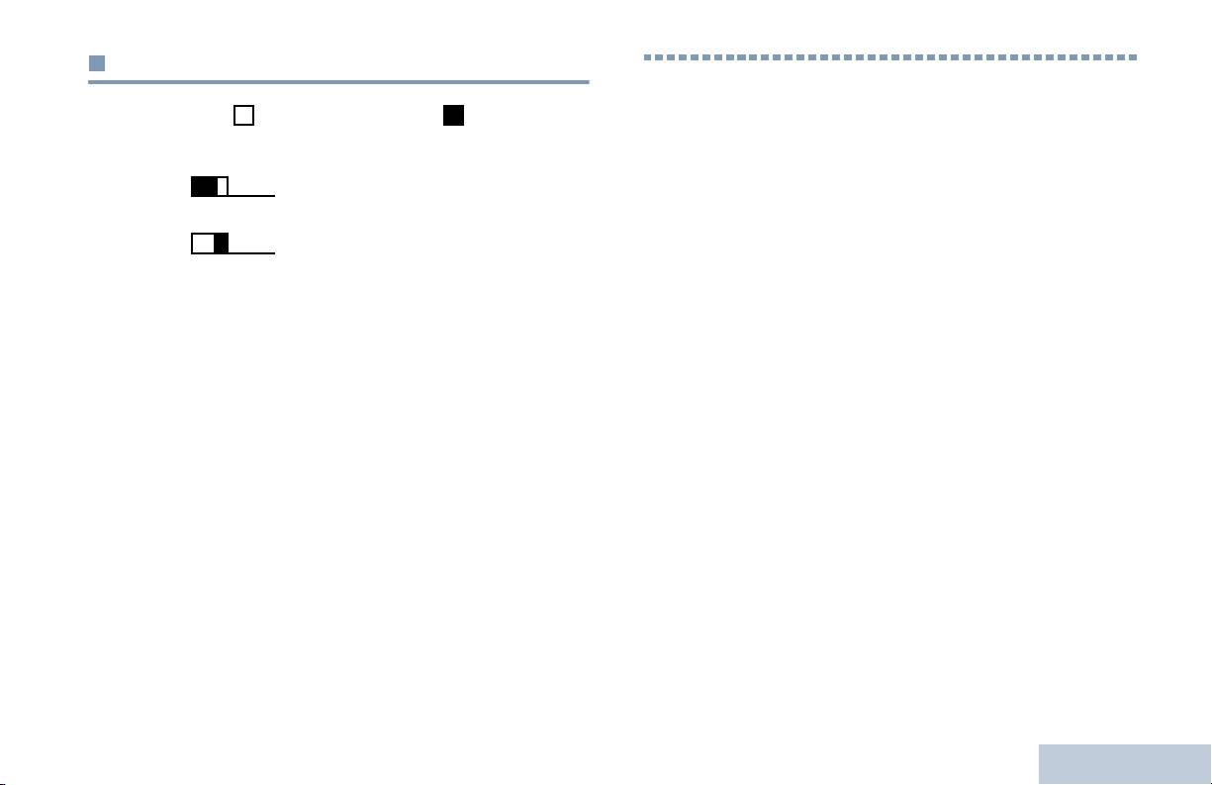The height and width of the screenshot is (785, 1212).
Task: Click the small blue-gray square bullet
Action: (96, 63)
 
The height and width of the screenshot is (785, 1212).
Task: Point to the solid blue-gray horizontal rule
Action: (338, 82)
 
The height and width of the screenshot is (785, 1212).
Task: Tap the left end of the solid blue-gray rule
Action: (89, 82)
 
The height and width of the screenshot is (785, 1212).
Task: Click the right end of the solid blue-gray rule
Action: (588, 82)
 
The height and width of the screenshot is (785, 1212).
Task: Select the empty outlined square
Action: (243, 116)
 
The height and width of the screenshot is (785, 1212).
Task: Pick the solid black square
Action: (453, 116)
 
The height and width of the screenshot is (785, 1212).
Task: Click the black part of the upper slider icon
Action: (205, 186)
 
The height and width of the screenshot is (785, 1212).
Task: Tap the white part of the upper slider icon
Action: (223, 186)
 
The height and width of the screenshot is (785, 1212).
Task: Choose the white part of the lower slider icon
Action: (203, 244)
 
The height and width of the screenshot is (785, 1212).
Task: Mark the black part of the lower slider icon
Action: (222, 244)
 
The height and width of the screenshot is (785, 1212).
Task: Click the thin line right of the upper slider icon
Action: (251, 196)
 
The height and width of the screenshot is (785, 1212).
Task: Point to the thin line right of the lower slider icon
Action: (251, 253)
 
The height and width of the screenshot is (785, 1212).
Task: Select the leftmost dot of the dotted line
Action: (648, 57)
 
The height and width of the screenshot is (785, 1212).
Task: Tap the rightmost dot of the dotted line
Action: (1135, 57)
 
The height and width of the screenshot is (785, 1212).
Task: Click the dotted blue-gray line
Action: (890, 57)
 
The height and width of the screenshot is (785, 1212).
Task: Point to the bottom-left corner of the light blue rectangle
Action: (1040, 784)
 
